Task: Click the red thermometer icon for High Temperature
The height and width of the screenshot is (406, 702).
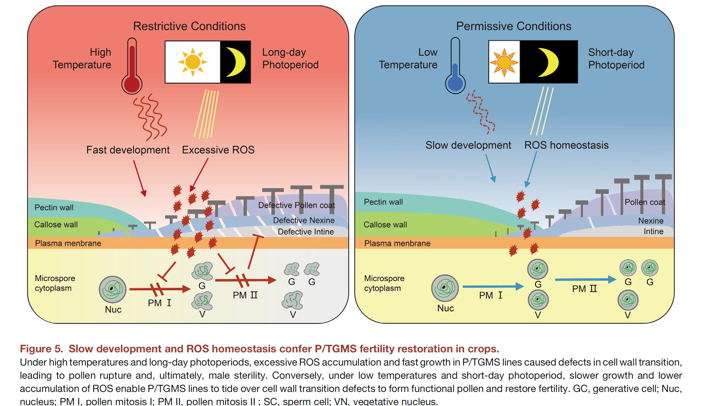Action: click(132, 67)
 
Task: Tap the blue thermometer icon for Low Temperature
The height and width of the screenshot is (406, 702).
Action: click(455, 67)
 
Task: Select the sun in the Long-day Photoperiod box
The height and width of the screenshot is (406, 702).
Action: click(193, 62)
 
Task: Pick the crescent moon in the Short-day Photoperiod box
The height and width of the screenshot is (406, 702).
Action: click(548, 62)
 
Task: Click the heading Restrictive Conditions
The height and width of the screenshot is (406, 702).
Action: click(189, 26)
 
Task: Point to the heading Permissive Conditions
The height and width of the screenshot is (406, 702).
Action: click(514, 26)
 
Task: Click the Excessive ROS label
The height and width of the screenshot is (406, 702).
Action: click(218, 150)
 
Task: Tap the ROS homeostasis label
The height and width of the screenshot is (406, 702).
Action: click(566, 145)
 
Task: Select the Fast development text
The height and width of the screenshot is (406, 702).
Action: click(128, 150)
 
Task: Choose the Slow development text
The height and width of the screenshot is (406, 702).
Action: click(468, 145)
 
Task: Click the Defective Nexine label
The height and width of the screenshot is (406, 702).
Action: click(304, 220)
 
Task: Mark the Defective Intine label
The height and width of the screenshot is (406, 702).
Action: click(306, 232)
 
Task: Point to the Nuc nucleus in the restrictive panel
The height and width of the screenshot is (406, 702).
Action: click(112, 289)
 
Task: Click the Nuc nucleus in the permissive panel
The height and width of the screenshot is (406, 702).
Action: click(445, 288)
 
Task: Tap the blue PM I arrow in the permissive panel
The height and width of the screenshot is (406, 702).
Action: click(493, 287)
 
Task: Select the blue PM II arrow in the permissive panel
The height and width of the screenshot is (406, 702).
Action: click(585, 279)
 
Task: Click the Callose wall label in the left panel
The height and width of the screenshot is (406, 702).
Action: click(56, 225)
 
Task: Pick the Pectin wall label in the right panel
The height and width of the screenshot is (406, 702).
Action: click(383, 202)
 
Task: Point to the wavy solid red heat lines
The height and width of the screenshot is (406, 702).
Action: click(150, 117)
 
